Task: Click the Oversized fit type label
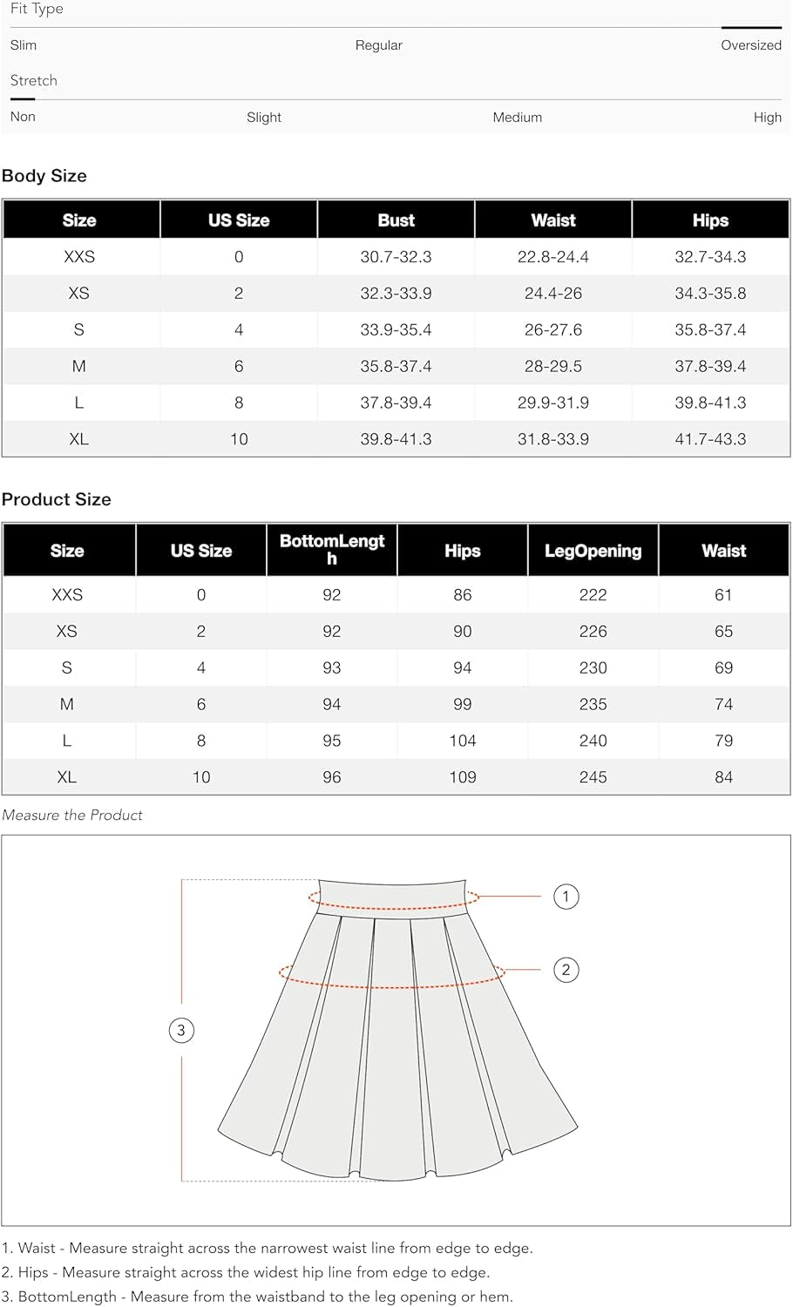pos(750,45)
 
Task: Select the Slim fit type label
pos(24,45)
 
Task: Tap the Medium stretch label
pos(517,118)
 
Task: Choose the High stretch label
pos(767,118)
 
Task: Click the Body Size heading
pos(44,176)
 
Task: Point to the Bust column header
pos(396,220)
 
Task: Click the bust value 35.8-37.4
pos(396,367)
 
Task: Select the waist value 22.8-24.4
pos(552,257)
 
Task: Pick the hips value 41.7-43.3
pos(710,439)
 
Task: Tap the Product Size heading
pos(57,499)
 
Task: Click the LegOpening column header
pos(593,551)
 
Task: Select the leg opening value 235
pos(593,704)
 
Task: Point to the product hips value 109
pos(462,777)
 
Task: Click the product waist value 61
pos(723,595)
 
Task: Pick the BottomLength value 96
pos(331,777)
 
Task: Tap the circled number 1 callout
pos(566,897)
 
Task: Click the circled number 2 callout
pos(566,970)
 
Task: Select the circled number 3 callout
pos(181,1031)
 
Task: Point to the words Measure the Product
pos(72,816)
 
